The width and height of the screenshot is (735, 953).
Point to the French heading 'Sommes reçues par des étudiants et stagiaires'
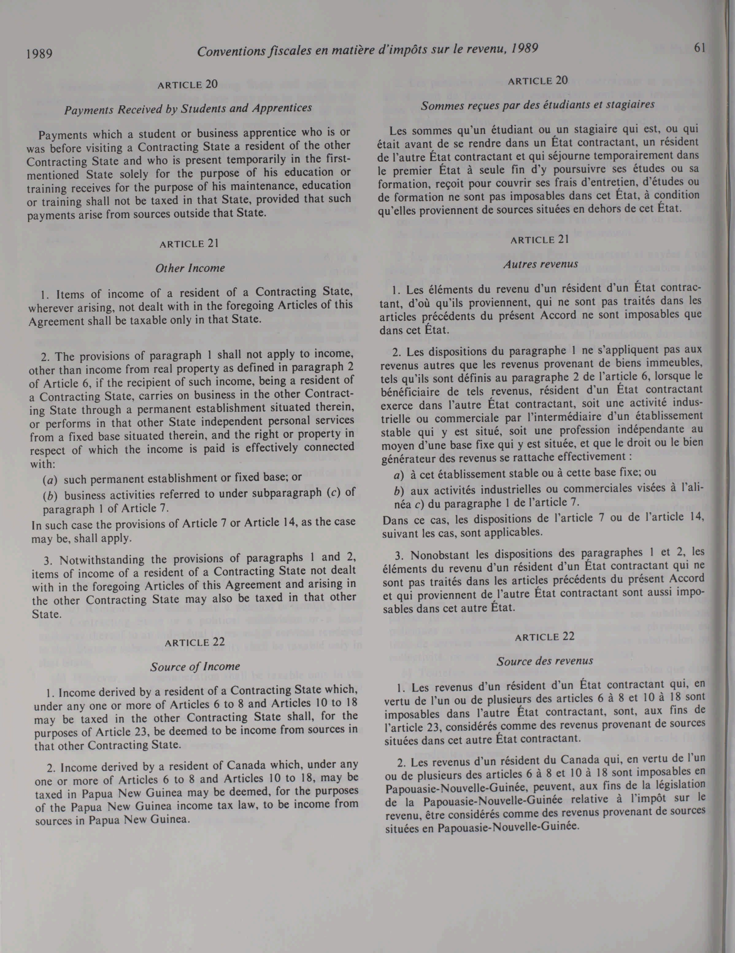[x=537, y=105]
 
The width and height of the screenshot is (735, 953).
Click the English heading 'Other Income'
[x=190, y=268]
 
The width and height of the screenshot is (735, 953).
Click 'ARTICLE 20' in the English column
[x=188, y=84]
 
